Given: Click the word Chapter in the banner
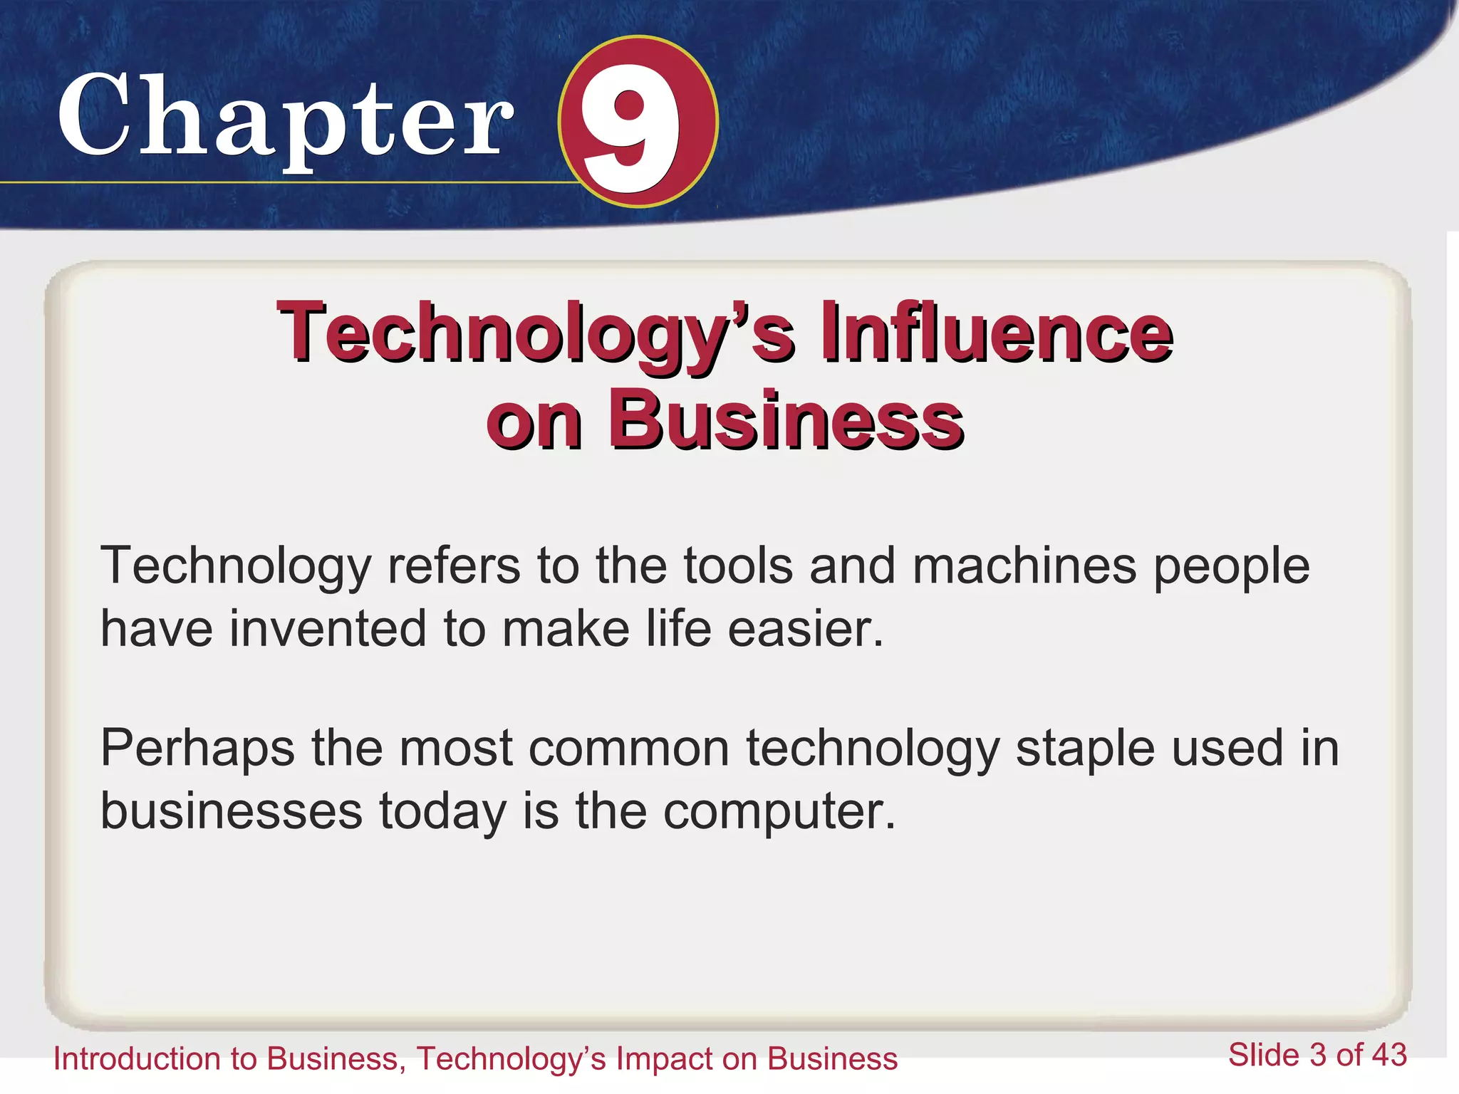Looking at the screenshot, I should (285, 118).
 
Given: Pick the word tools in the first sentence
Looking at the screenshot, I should (738, 566).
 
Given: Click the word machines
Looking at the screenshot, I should (1024, 566).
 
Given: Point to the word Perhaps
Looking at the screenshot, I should (197, 749).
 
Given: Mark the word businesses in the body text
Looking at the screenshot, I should (231, 811).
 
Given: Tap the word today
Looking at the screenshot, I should (442, 813).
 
